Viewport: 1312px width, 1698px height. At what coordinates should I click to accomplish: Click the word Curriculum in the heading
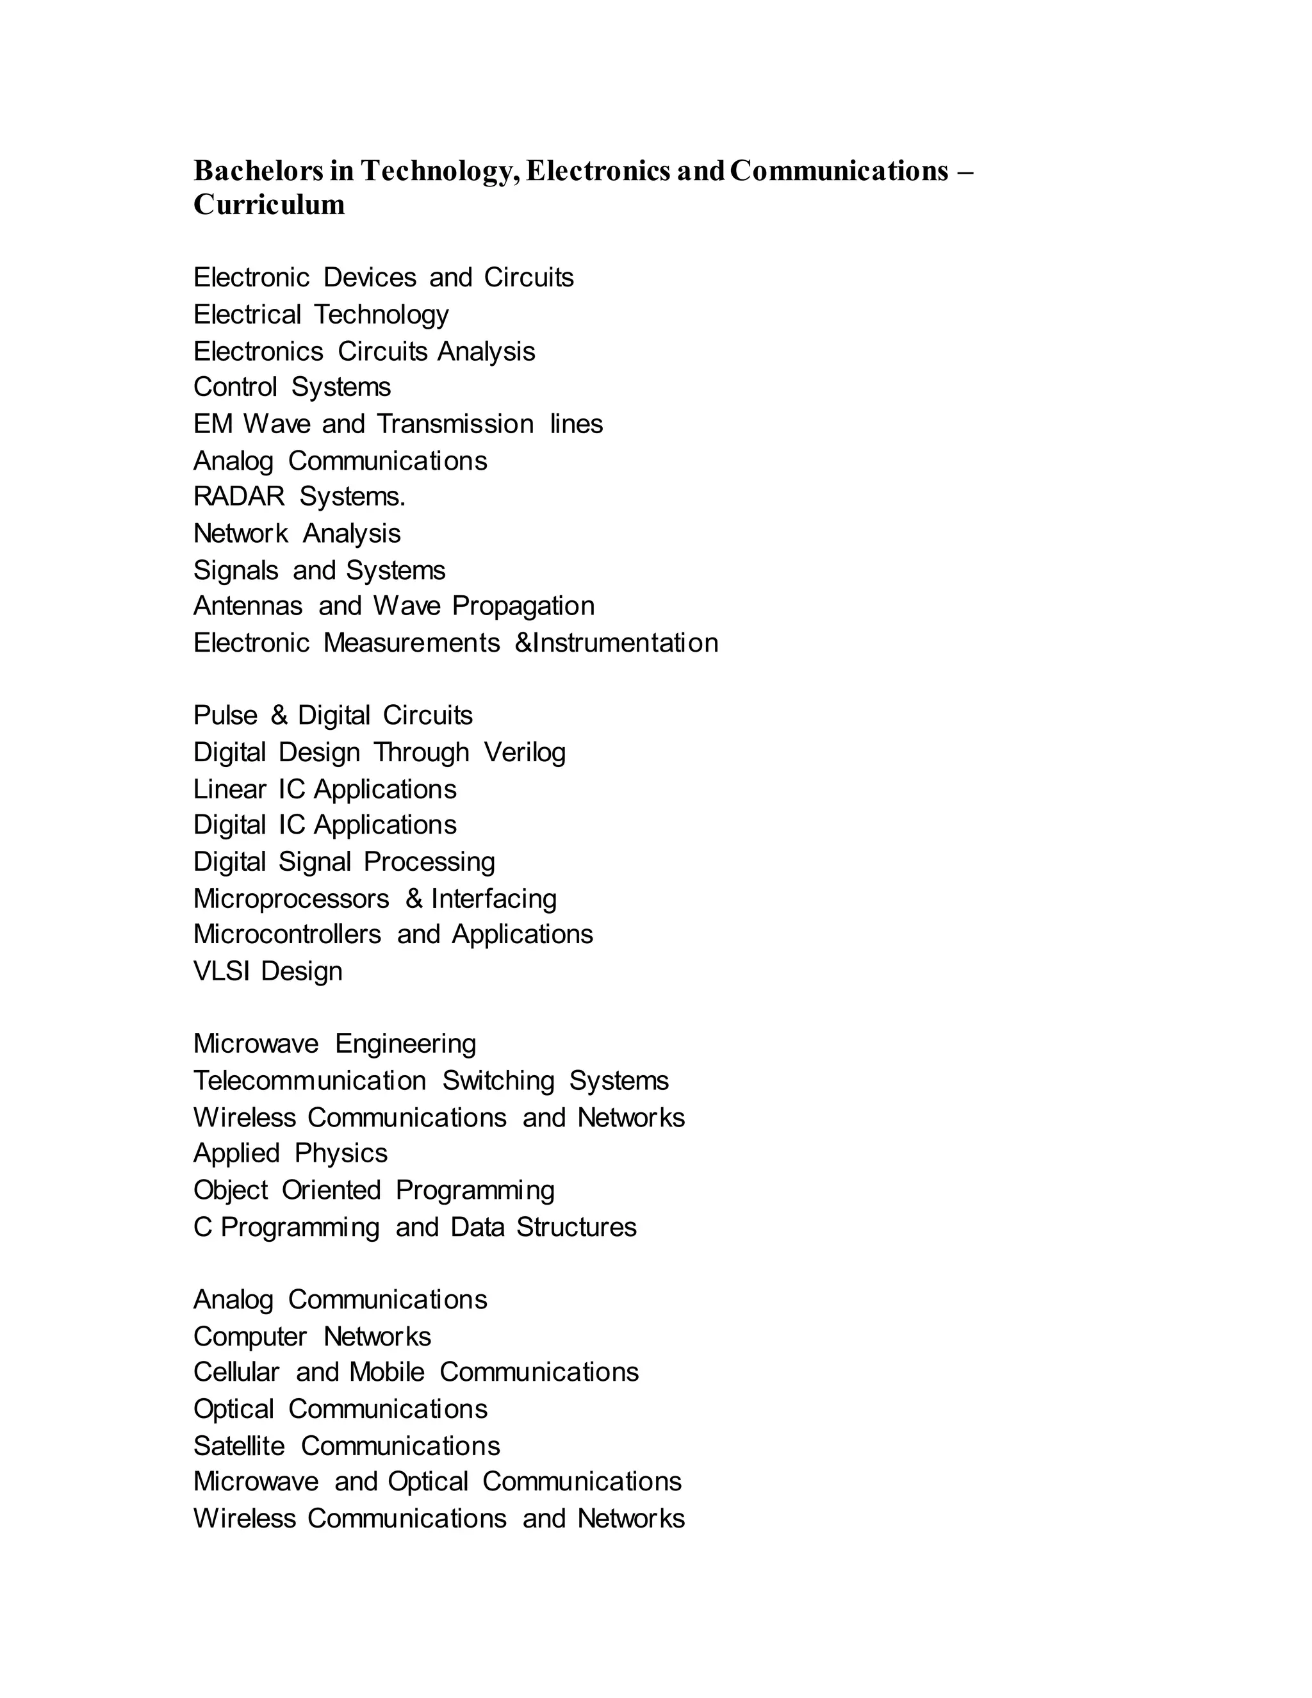pos(269,204)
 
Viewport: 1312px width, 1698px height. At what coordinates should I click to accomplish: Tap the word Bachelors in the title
pos(258,170)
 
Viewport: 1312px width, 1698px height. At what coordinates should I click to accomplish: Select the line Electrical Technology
pos(320,314)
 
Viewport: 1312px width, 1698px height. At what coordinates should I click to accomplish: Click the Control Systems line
pos(291,386)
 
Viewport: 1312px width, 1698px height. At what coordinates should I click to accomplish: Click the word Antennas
pos(247,606)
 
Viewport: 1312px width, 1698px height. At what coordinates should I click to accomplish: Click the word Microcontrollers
pos(287,934)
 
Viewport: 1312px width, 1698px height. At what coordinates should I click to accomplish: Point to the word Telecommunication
pos(309,1081)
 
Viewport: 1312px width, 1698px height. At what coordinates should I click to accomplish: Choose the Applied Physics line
pos(290,1153)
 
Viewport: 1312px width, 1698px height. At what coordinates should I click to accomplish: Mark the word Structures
pos(576,1227)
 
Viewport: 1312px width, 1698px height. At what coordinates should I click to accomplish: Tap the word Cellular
pos(236,1372)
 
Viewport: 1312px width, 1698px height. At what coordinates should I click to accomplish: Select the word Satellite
pos(238,1446)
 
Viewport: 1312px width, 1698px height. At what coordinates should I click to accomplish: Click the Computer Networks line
pos(312,1337)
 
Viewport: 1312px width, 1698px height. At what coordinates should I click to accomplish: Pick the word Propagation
pos(523,606)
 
